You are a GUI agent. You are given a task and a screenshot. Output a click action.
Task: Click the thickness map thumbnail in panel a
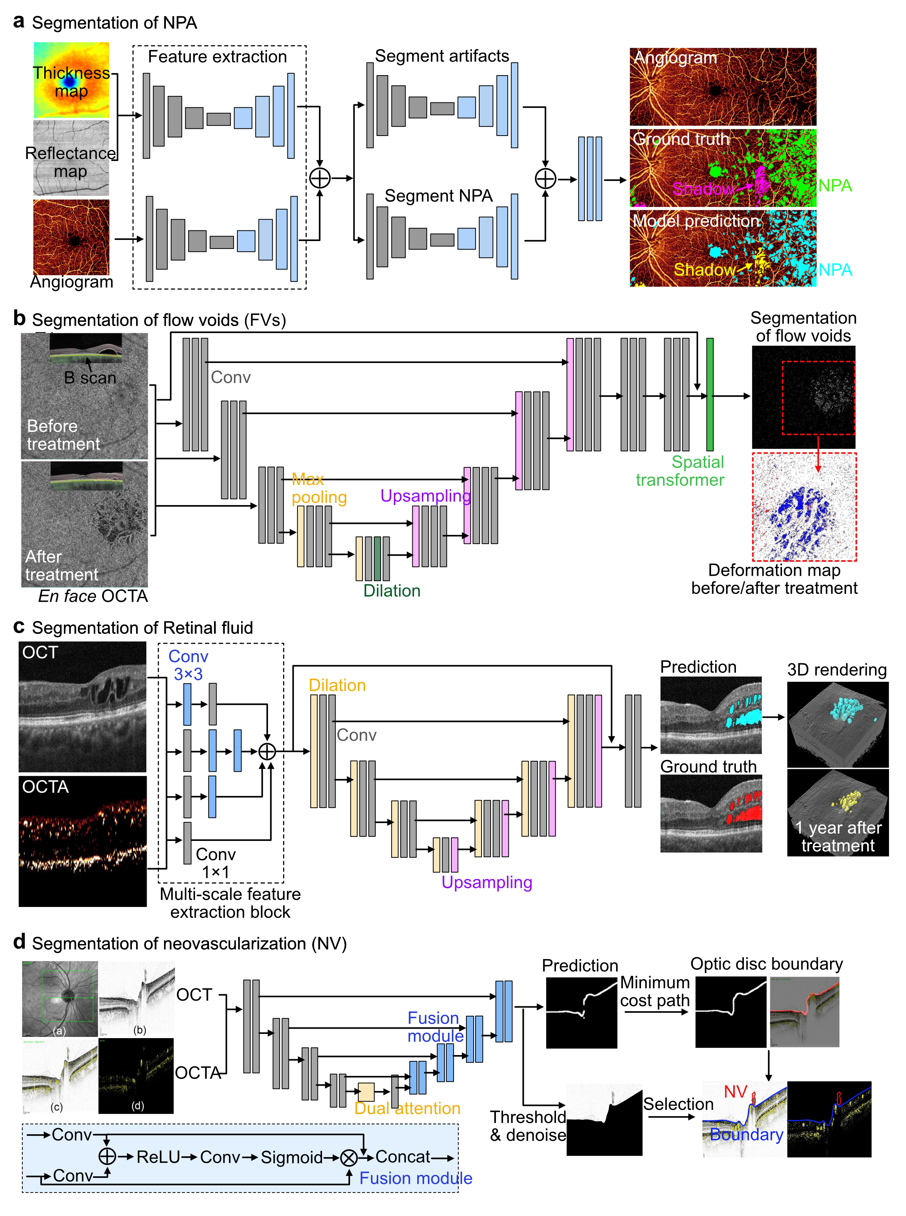click(71, 80)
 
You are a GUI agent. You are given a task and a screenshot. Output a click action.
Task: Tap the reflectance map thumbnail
click(71, 158)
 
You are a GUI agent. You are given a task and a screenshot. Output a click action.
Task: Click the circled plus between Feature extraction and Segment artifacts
click(320, 178)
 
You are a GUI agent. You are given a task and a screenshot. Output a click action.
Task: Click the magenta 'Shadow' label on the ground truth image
click(703, 189)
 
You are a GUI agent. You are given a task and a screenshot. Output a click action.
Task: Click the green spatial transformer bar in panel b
click(710, 394)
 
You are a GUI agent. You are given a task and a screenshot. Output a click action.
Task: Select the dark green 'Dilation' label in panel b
click(392, 591)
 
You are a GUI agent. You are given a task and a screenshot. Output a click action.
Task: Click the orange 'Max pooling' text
click(319, 488)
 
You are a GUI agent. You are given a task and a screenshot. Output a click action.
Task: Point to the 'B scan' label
click(90, 378)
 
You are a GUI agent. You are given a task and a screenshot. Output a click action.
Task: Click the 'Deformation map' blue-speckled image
click(804, 507)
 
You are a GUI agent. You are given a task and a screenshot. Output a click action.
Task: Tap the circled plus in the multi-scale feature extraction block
click(267, 751)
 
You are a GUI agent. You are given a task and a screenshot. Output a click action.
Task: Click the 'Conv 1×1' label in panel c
click(215, 863)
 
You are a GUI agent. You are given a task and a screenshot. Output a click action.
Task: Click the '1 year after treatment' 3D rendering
click(838, 812)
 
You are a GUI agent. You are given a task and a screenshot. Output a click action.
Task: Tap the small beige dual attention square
click(366, 1092)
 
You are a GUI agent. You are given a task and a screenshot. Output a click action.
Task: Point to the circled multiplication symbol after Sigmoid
click(349, 1157)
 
